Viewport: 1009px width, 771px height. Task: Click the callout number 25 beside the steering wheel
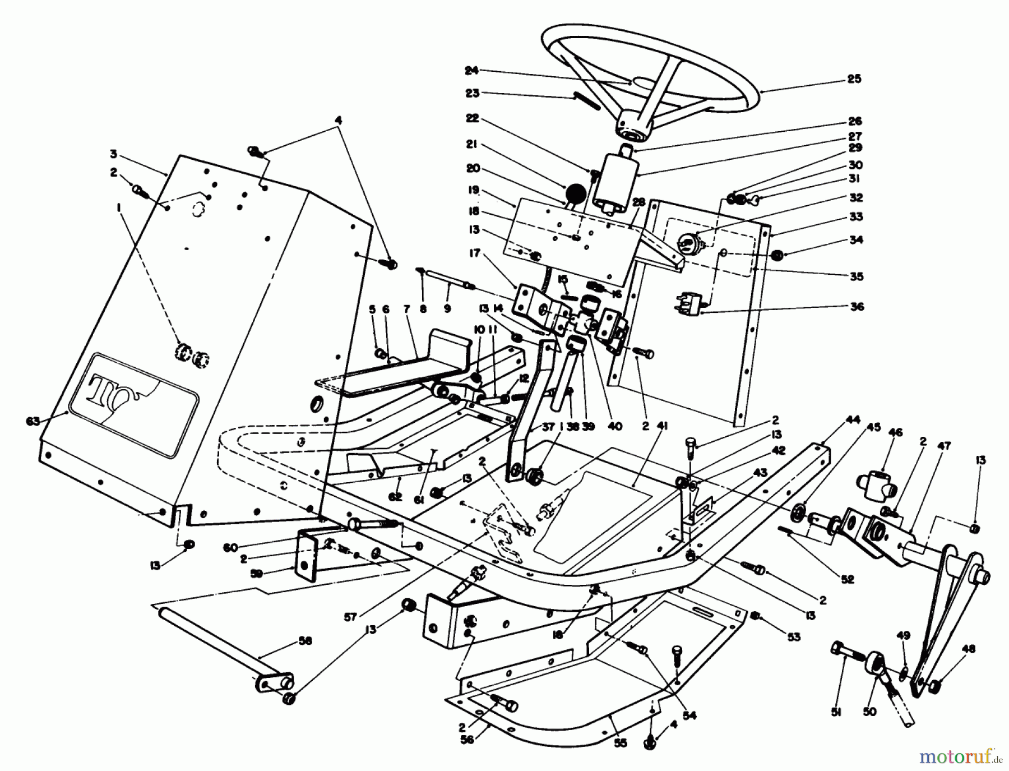tap(854, 79)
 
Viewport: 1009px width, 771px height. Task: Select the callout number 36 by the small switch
tap(857, 306)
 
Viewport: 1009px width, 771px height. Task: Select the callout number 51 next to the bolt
tap(837, 712)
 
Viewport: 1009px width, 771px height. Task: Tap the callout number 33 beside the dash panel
tap(856, 216)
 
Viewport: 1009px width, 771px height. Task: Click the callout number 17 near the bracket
tap(475, 253)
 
